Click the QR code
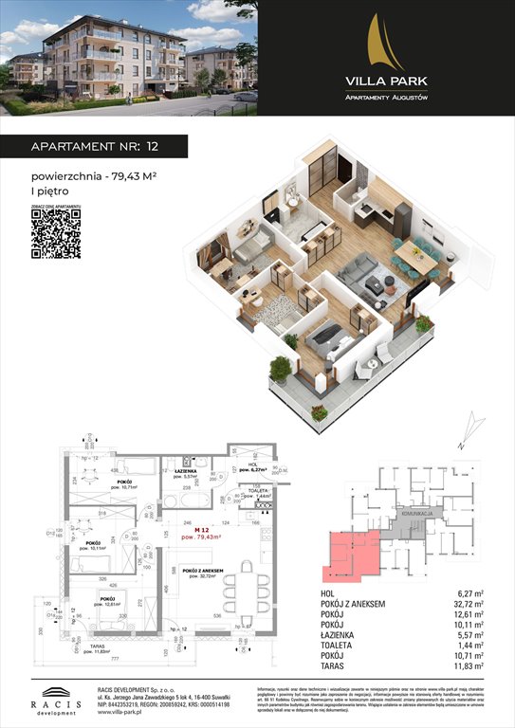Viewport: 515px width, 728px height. (x=56, y=233)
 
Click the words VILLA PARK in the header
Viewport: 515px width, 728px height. (x=385, y=80)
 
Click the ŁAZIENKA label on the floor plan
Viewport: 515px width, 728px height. (x=184, y=471)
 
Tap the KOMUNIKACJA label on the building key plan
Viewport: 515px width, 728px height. (x=417, y=512)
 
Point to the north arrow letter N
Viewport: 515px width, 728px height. (x=458, y=443)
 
